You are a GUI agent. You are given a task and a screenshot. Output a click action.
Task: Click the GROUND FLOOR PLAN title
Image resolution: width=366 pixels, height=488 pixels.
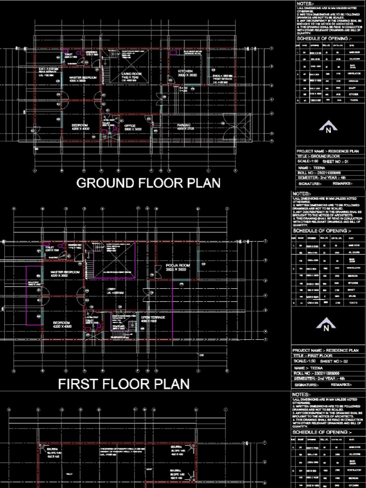pyautogui.click(x=148, y=183)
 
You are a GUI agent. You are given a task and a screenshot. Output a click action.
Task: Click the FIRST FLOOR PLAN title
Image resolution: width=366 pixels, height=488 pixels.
pyautogui.click(x=124, y=384)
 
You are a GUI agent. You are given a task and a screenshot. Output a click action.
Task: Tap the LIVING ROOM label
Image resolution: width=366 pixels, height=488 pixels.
pyautogui.click(x=131, y=74)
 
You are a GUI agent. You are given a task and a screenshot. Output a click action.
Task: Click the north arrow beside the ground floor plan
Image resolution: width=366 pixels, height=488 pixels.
pyautogui.click(x=327, y=128)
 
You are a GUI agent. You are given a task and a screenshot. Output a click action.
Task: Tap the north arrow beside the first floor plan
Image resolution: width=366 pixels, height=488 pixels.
pyautogui.click(x=326, y=327)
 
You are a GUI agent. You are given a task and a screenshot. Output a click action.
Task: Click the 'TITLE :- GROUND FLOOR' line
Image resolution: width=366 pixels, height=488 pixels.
pyautogui.click(x=318, y=156)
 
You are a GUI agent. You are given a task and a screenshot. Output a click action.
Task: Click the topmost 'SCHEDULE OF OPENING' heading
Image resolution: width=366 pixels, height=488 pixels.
pyautogui.click(x=325, y=39)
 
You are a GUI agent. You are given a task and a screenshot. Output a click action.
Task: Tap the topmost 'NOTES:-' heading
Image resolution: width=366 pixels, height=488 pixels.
pyautogui.click(x=305, y=4)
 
